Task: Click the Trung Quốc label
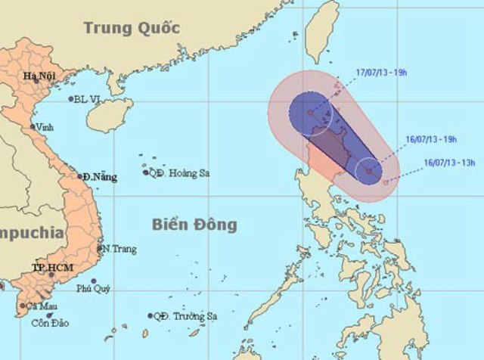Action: [132, 28]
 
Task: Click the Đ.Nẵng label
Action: [101, 177]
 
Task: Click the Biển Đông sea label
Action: [194, 225]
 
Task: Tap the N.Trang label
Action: [116, 249]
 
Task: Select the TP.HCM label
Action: [47, 268]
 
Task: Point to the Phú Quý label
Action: [92, 288]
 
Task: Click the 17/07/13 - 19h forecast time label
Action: [381, 73]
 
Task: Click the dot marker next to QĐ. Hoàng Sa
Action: [146, 172]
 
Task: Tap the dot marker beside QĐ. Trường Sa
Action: [150, 316]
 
